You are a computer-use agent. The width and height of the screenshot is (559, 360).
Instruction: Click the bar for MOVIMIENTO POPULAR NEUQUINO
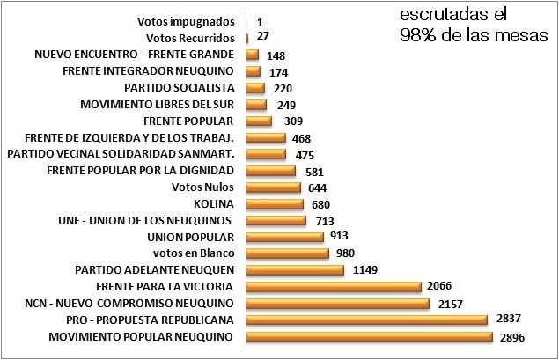(369, 336)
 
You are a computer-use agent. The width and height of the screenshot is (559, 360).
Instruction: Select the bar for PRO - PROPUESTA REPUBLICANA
(366, 320)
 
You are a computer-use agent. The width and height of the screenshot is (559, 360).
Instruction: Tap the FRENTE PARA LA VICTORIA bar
(334, 286)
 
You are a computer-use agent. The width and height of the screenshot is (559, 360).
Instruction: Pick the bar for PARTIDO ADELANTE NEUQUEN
(295, 269)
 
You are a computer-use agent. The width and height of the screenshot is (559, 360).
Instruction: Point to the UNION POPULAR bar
(285, 237)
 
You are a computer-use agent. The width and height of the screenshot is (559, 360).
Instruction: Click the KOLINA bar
(276, 203)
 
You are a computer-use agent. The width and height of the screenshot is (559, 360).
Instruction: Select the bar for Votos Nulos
(274, 187)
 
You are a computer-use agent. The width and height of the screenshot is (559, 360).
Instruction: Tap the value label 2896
(511, 338)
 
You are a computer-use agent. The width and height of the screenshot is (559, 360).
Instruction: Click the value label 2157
(448, 305)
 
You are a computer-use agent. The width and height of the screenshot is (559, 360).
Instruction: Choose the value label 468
(302, 138)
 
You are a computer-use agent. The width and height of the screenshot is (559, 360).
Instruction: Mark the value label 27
(261, 39)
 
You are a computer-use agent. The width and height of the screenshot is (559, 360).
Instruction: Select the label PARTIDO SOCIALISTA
(179, 87)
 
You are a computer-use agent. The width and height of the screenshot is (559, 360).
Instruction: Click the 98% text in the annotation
(414, 34)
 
